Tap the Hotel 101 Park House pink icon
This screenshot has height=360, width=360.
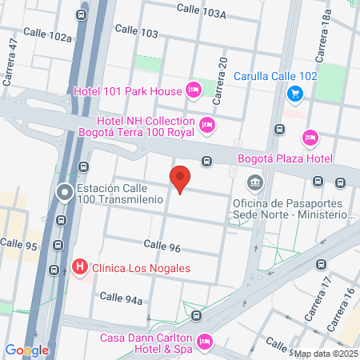[193, 90]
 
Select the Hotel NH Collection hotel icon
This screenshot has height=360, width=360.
[207, 124]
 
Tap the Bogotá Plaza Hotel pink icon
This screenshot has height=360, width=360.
[311, 138]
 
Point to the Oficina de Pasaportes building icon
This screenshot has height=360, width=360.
[254, 183]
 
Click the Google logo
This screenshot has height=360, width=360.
[26, 350]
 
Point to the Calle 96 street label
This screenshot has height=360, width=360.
[162, 246]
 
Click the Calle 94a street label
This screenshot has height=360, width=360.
[122, 298]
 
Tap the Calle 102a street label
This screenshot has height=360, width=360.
[48, 34]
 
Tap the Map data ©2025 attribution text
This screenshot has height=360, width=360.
[326, 353]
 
